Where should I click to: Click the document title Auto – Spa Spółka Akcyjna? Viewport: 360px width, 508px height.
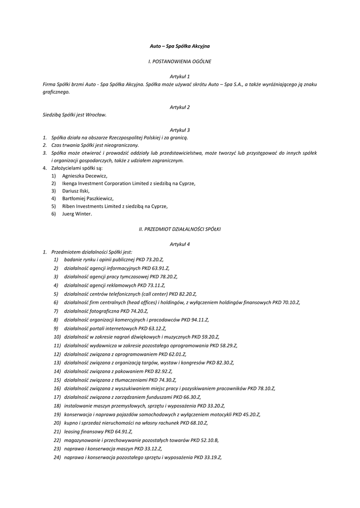[x=180, y=46]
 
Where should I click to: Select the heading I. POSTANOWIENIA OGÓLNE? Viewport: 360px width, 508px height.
[x=180, y=62]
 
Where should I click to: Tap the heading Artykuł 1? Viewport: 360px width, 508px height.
[x=180, y=76]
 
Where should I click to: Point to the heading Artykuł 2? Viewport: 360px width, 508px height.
[x=180, y=107]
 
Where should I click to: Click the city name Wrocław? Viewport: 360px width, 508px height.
[x=96, y=115]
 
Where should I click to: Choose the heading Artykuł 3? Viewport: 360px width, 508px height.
[x=180, y=129]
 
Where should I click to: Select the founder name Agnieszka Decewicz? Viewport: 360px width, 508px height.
[x=84, y=176]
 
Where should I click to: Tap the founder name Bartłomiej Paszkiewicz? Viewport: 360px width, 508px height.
[x=88, y=198]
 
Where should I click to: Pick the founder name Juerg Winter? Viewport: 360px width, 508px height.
[x=77, y=214]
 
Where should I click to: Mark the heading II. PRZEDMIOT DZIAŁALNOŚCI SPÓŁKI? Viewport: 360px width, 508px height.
[x=180, y=229]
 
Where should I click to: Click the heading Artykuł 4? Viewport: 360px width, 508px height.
[x=180, y=244]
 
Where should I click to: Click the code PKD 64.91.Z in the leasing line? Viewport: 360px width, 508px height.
[x=118, y=432]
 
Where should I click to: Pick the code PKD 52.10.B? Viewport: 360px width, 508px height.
[x=204, y=440]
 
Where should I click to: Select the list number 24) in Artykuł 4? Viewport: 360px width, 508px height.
[x=57, y=457]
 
